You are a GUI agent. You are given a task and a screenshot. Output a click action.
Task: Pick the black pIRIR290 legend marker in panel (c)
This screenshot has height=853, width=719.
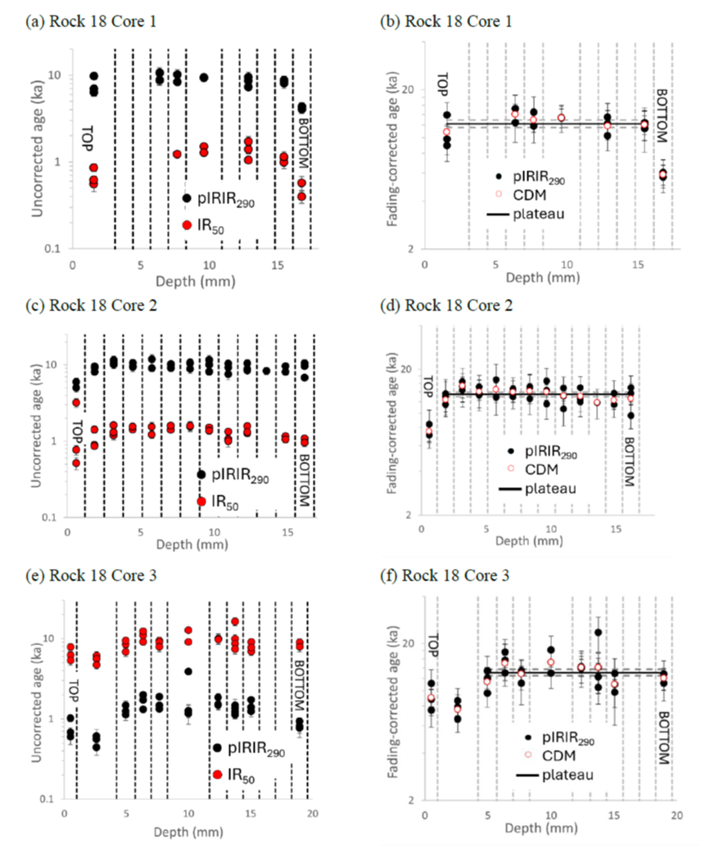click(x=201, y=473)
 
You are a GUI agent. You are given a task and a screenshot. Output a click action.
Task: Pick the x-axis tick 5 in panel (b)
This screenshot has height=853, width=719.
click(x=495, y=264)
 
